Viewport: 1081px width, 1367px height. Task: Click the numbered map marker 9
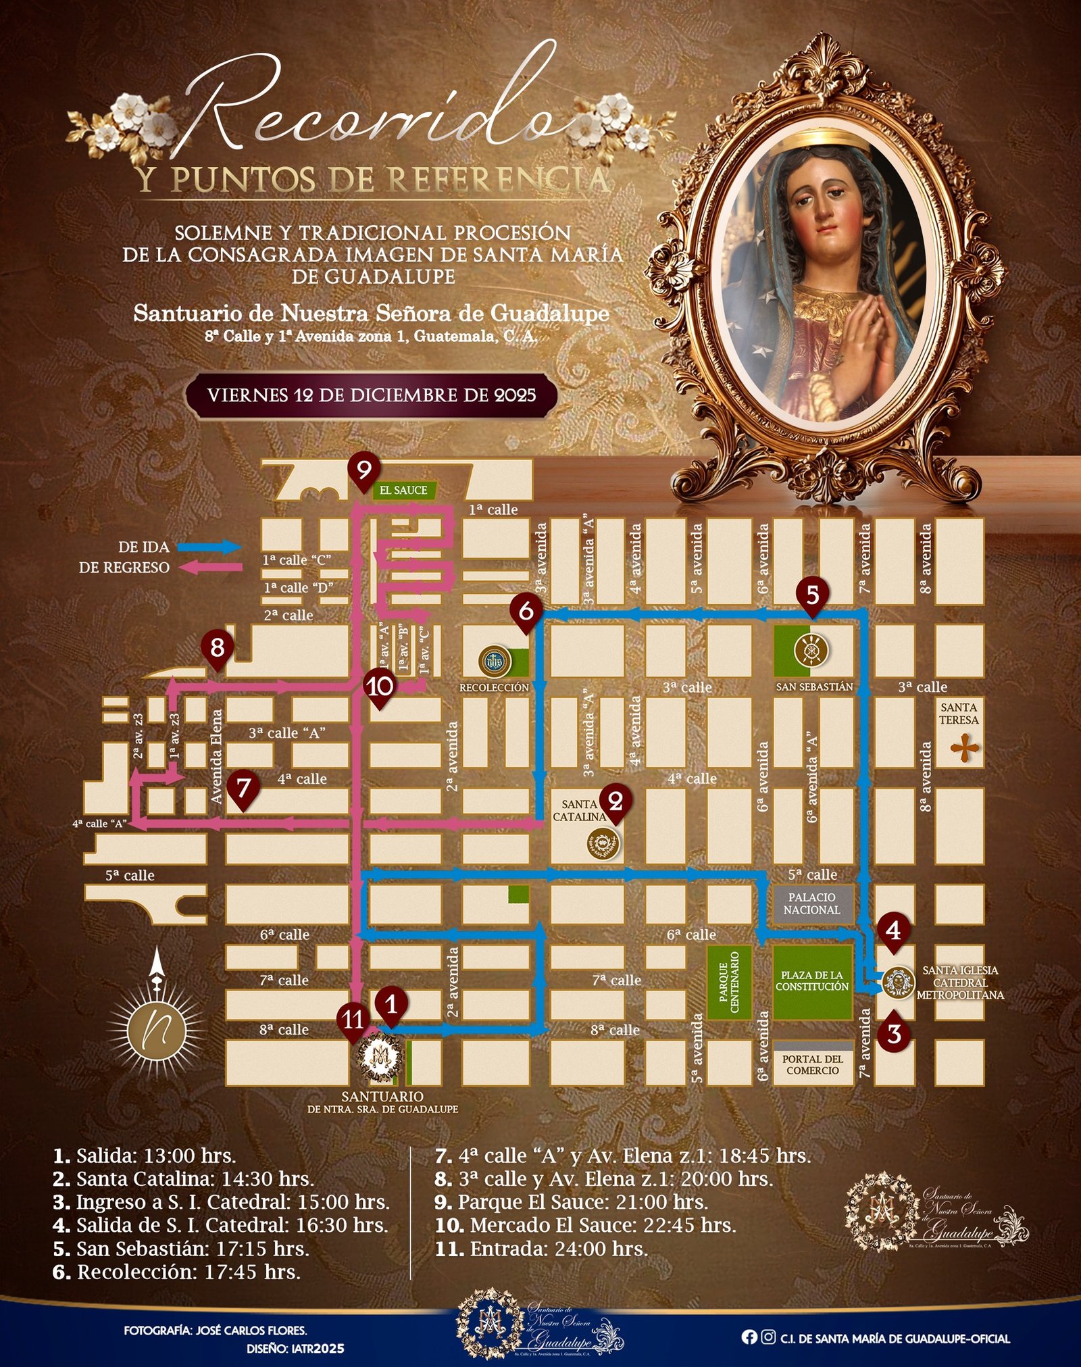pos(365,470)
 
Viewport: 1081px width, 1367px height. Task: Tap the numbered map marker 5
pos(812,595)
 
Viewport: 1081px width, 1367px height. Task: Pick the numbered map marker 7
pos(244,787)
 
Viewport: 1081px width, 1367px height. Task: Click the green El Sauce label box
pos(403,490)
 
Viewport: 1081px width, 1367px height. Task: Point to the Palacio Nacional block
pos(812,903)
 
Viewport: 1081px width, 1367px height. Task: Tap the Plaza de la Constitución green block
pos(812,982)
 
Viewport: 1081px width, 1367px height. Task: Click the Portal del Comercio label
pos(812,1065)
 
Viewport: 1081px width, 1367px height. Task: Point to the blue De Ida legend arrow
pos(217,547)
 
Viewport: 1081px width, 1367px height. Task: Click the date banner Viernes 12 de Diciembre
pos(372,395)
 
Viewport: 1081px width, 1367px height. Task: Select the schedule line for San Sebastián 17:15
pos(181,1248)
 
